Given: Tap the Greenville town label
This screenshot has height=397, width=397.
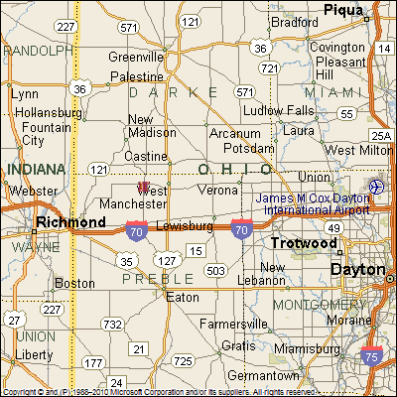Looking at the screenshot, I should [x=136, y=57].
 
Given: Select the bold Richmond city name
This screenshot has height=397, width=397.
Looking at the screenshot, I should [x=70, y=222].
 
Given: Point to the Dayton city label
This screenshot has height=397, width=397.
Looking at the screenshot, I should [x=357, y=269].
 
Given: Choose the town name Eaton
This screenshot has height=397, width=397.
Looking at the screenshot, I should [x=184, y=297].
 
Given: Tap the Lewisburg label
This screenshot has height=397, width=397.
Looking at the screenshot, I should [x=186, y=226].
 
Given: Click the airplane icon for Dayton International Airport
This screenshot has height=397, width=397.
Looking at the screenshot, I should [x=376, y=187].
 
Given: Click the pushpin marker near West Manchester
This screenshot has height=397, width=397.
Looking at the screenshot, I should [x=143, y=186].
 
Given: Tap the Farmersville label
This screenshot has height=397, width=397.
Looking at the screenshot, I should [x=233, y=324].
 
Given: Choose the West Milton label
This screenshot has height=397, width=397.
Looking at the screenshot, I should [x=357, y=150].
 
